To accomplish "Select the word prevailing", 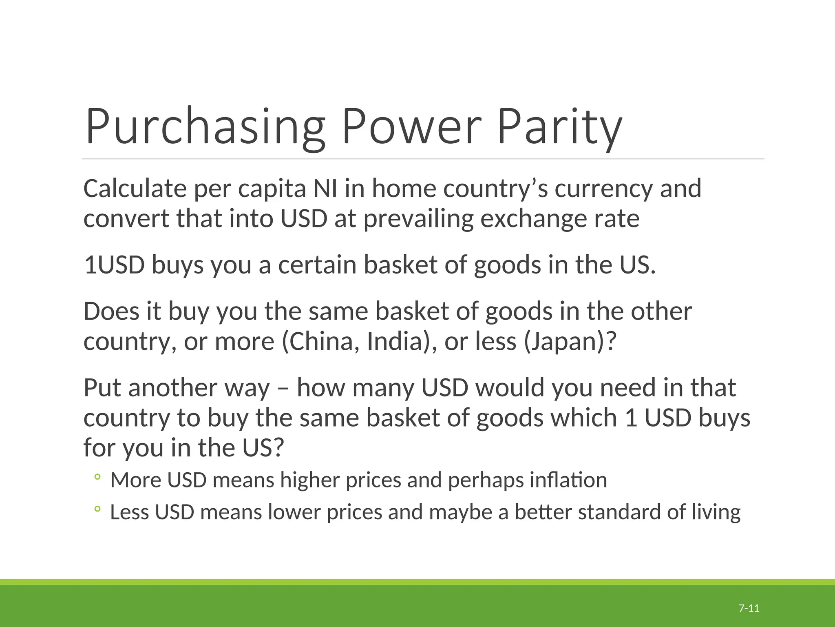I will point(418,219).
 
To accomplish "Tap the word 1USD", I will point(114,265).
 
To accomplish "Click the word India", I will point(394,341).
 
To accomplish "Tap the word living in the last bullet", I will point(716,512).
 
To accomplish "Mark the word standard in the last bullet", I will point(619,512).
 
